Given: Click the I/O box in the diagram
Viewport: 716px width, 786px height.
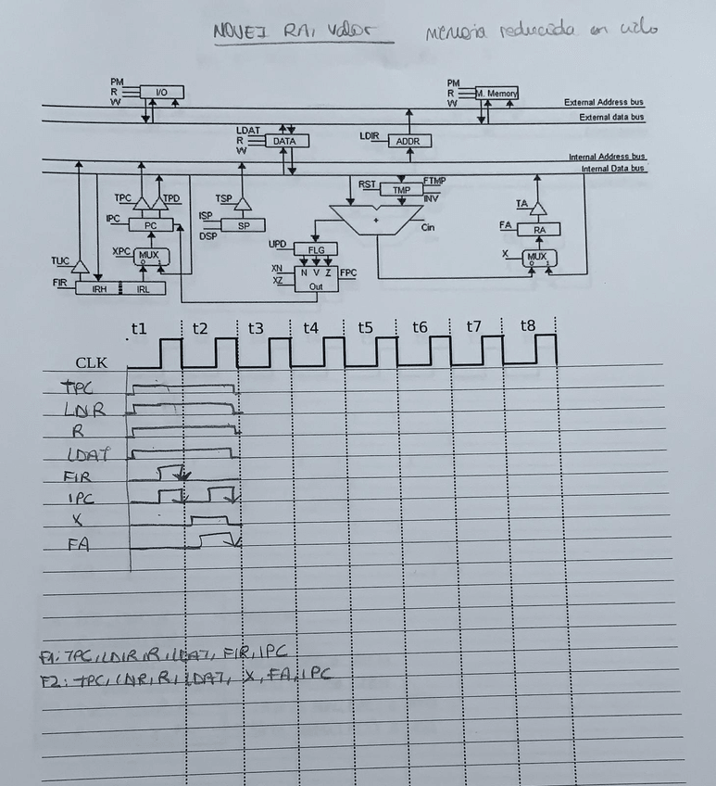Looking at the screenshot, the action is coord(161,92).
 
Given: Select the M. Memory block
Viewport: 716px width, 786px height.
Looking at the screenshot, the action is coord(496,93).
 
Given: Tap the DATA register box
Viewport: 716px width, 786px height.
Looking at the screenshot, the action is coord(286,141).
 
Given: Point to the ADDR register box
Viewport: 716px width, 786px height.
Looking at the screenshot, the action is coord(408,141).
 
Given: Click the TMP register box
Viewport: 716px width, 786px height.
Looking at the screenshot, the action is coord(401,189).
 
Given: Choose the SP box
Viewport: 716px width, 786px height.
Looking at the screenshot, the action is coord(243,225).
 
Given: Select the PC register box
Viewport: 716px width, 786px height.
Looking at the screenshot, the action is coord(150,225).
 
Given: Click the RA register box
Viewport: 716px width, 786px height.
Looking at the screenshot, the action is coord(539,229).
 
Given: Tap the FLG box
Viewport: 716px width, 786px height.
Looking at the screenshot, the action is coord(316,249).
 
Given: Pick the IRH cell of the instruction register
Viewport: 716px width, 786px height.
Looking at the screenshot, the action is coord(98,289).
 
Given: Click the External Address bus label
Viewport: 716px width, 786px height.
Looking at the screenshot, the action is coord(604,102).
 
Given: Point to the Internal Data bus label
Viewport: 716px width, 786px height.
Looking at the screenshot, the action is coord(612,169).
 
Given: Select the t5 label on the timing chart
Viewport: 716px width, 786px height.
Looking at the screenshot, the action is coord(365,327).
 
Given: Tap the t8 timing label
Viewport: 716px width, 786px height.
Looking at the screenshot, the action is coord(527,326).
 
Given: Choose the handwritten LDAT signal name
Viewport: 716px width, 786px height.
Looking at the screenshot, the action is coord(87,454).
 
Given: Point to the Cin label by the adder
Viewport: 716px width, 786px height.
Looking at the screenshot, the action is coord(428,226).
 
